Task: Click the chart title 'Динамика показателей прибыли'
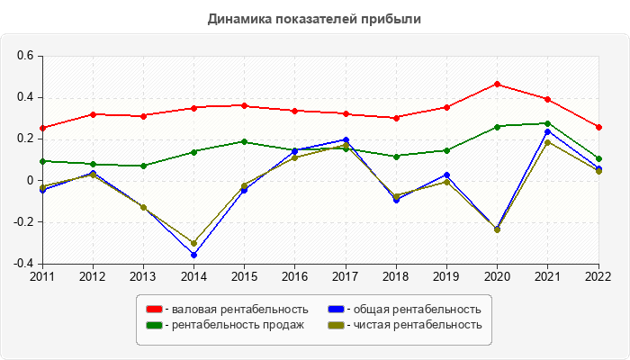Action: pos(314,18)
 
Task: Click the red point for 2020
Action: pos(498,84)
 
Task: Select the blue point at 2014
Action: pos(193,255)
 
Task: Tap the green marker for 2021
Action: pos(548,123)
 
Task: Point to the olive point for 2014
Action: pos(193,243)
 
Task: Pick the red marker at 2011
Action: pos(42,128)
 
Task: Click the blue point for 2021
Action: pos(548,131)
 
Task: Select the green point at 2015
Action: pos(244,141)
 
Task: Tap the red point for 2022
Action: pos(598,127)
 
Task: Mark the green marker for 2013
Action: pos(143,166)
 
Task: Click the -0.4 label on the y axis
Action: pos(23,264)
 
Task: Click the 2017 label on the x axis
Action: pos(345,275)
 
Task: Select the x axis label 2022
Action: pos(597,275)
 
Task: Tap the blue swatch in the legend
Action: pos(335,310)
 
